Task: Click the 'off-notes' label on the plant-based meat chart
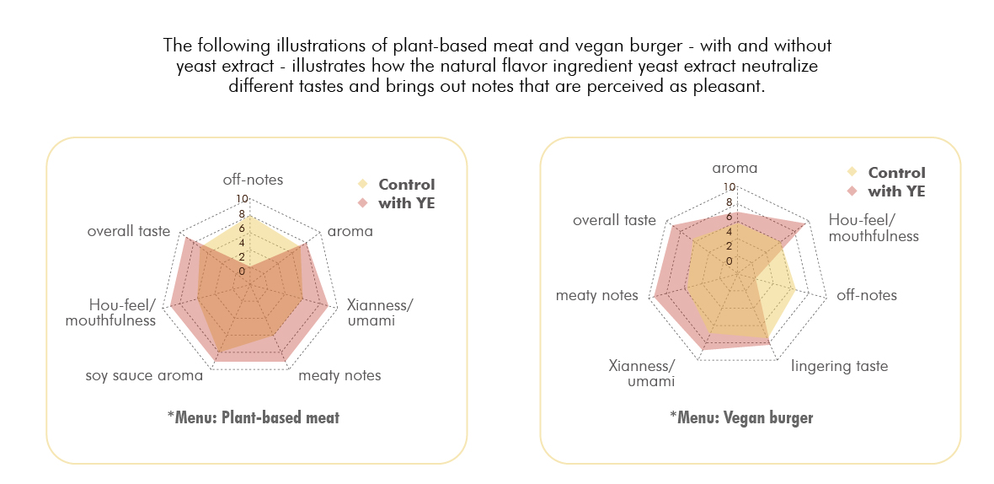[x=253, y=180]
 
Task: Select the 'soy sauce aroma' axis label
[x=144, y=375]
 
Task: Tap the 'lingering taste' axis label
[x=840, y=366]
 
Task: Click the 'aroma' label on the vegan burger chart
[x=735, y=168]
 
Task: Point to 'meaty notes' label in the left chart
[x=339, y=375]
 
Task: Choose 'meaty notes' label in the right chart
[x=596, y=295]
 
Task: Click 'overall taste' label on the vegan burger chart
[x=614, y=220]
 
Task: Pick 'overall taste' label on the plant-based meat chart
[x=129, y=231]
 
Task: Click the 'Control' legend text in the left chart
[x=407, y=185]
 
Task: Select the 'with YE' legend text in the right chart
[x=896, y=191]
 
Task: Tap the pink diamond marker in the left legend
[x=363, y=203]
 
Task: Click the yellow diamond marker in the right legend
[x=852, y=173]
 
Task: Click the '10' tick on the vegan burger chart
[x=729, y=187]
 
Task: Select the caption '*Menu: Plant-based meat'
[x=253, y=417]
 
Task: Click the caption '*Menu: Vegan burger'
[x=741, y=417]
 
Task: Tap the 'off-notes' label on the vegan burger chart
[x=866, y=295]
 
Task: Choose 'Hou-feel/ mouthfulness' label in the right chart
[x=873, y=228]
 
